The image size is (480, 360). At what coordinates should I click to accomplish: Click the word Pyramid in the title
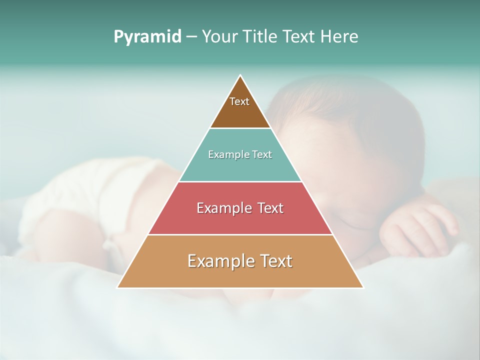coord(147,37)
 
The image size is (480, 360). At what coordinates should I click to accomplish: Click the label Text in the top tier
coord(239,101)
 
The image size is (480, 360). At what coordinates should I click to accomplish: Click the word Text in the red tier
coord(267,208)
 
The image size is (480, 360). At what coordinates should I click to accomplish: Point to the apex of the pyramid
coord(240,76)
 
